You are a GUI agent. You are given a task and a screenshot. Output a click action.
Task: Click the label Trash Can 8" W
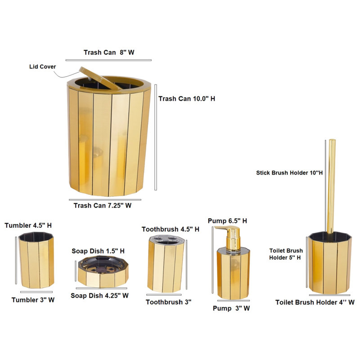[x=109, y=52]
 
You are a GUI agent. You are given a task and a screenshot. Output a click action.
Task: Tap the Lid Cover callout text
[x=42, y=67]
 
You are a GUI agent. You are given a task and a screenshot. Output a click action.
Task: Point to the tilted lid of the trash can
[x=100, y=78]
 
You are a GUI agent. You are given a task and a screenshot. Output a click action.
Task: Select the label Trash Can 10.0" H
[x=187, y=99]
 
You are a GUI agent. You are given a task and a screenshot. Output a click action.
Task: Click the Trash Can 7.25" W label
[x=103, y=206]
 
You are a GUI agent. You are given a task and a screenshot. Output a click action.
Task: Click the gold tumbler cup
[x=36, y=260]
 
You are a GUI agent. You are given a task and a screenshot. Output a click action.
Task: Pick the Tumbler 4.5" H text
[x=28, y=225]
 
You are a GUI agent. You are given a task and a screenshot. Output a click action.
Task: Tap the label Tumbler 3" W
[x=33, y=300]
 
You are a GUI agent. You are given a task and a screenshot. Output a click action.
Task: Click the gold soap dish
[x=103, y=272]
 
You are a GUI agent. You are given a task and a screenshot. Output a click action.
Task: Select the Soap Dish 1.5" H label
[x=98, y=251]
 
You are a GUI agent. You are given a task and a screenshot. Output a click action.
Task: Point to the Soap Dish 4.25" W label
[x=99, y=296]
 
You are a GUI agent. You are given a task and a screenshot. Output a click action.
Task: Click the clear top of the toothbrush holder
[x=166, y=240]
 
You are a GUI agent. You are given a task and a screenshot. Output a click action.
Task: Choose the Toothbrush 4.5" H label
[x=171, y=229]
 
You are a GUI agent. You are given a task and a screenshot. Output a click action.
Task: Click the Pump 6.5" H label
[x=227, y=221]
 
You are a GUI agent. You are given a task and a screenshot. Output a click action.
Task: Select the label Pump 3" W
[x=231, y=308]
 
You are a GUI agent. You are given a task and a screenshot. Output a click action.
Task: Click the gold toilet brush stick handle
[x=332, y=186]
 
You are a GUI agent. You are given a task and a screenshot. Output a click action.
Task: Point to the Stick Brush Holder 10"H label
[x=289, y=173]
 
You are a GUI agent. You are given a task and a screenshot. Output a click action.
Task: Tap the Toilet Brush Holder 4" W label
[x=315, y=302]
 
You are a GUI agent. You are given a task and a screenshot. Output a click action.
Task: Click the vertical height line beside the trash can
[x=156, y=137]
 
